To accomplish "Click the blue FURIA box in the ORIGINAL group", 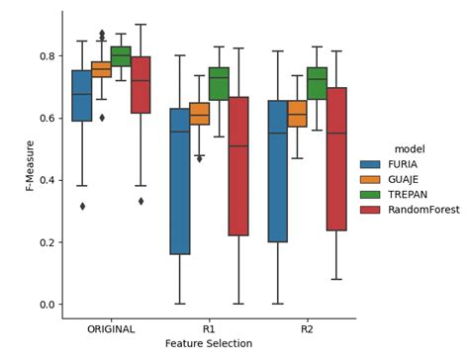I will (81, 95).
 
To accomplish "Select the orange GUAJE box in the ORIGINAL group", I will (101, 69).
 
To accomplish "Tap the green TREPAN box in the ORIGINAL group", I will (121, 56).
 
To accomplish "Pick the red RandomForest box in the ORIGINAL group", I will (141, 85).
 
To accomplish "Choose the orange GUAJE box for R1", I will (199, 113).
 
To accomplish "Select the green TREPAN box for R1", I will (219, 83).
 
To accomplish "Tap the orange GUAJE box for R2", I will (297, 114).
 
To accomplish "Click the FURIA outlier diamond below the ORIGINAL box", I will (82, 206).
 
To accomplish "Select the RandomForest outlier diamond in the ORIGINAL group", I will (141, 201).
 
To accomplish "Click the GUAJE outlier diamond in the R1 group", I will (199, 158).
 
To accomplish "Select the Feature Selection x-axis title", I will (208, 344).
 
